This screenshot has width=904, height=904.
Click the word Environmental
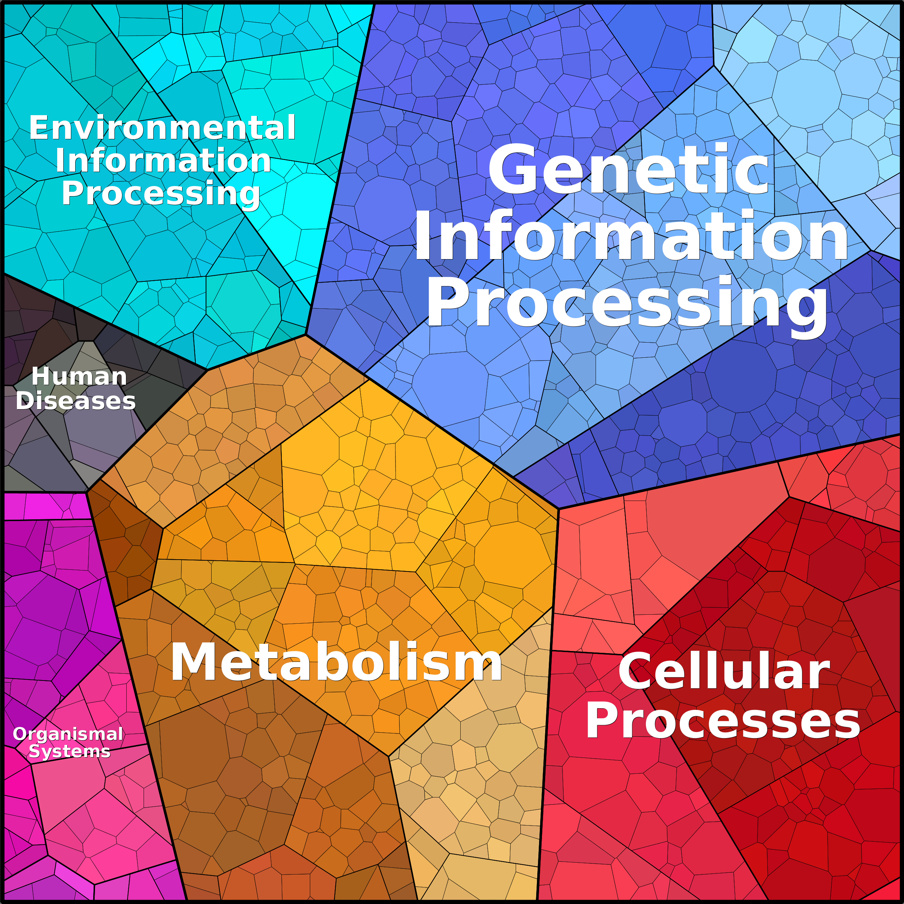click(x=162, y=127)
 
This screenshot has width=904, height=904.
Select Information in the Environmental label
click(x=163, y=161)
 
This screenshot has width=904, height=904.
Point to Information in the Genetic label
click(x=631, y=235)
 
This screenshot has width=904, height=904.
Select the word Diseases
click(x=76, y=401)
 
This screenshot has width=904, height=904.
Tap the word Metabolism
click(x=336, y=662)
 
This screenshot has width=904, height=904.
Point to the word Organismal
click(x=68, y=734)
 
